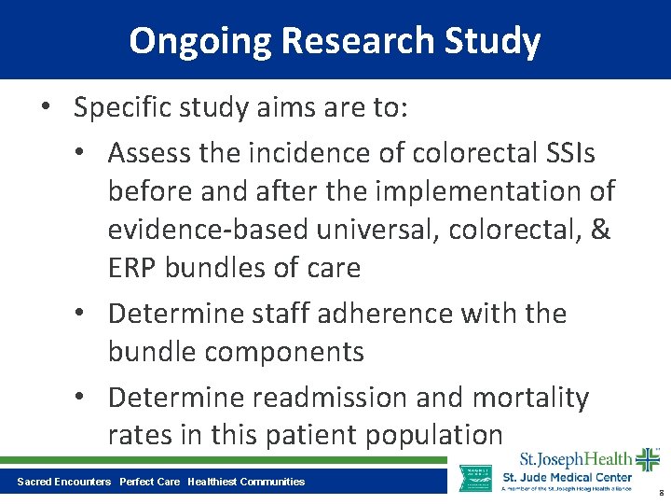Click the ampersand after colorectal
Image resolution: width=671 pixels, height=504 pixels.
pos(600,230)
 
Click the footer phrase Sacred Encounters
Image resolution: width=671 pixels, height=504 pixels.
pos(64,482)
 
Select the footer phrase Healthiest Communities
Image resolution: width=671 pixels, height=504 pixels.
pos(246,482)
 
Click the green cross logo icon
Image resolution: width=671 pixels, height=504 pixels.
pos(647,460)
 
